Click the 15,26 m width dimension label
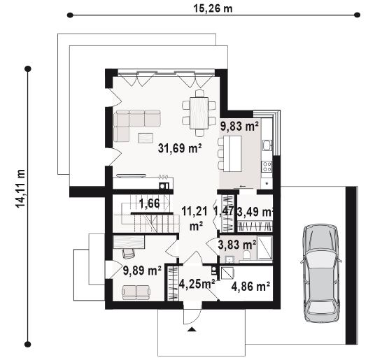pyautogui.click(x=213, y=9)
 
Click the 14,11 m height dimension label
pyautogui.click(x=20, y=188)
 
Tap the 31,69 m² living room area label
pyautogui.click(x=180, y=147)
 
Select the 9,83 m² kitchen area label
pyautogui.click(x=239, y=126)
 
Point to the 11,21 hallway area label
pyautogui.click(x=194, y=212)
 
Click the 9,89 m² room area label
pyautogui.click(x=142, y=271)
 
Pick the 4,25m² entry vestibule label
pyautogui.click(x=197, y=284)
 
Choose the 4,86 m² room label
pyautogui.click(x=250, y=287)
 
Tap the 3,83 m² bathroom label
pyautogui.click(x=237, y=245)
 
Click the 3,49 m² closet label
pyautogui.click(x=255, y=212)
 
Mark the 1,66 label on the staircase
pyautogui.click(x=149, y=203)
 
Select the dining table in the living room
pyautogui.click(x=199, y=113)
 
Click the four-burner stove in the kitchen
pyautogui.click(x=267, y=166)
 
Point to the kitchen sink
pyautogui.click(x=267, y=145)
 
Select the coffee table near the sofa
pyautogui.click(x=146, y=138)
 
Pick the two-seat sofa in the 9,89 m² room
pyautogui.click(x=136, y=292)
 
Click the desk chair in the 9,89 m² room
pyautogui.click(x=129, y=253)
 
